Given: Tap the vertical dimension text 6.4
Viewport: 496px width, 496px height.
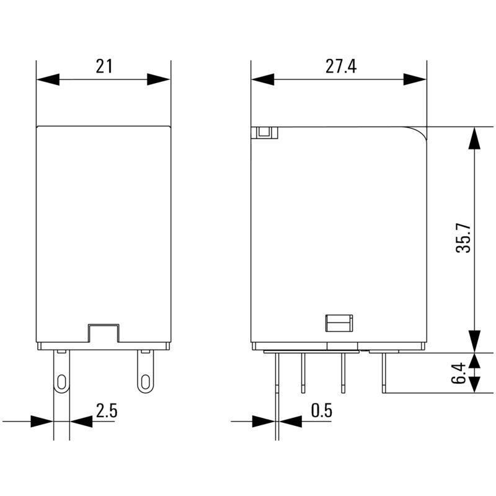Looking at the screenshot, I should coord(459,374).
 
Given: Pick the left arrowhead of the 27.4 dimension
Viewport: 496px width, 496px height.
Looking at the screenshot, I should coord(262,79).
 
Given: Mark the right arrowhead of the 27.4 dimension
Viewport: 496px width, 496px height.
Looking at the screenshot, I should coord(415,79).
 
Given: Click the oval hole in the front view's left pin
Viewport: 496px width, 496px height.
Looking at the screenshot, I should coord(61,381).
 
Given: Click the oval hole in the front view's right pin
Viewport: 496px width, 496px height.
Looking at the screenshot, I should coord(145,381).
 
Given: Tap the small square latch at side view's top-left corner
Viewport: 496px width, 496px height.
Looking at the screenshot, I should coord(265,132).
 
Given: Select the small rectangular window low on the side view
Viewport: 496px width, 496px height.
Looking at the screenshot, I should coord(339,323).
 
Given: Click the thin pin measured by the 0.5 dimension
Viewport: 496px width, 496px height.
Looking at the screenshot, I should coord(276,384).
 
